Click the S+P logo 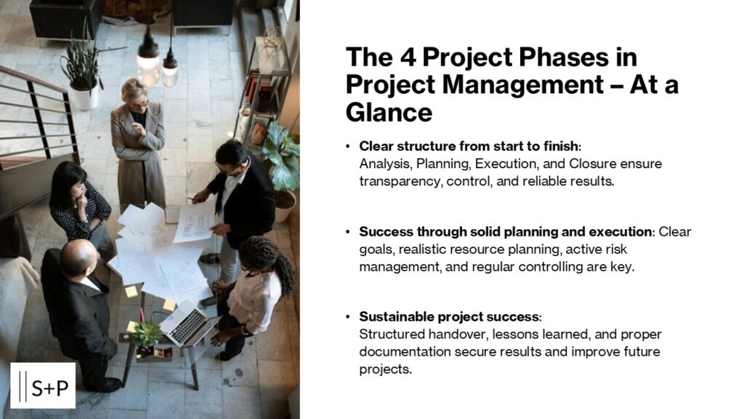point(43,386)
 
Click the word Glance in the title point(389,113)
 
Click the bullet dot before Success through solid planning point(348,232)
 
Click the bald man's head point(79,258)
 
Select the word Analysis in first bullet point(382,164)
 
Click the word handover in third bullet point(445,334)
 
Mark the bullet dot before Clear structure point(348,146)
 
